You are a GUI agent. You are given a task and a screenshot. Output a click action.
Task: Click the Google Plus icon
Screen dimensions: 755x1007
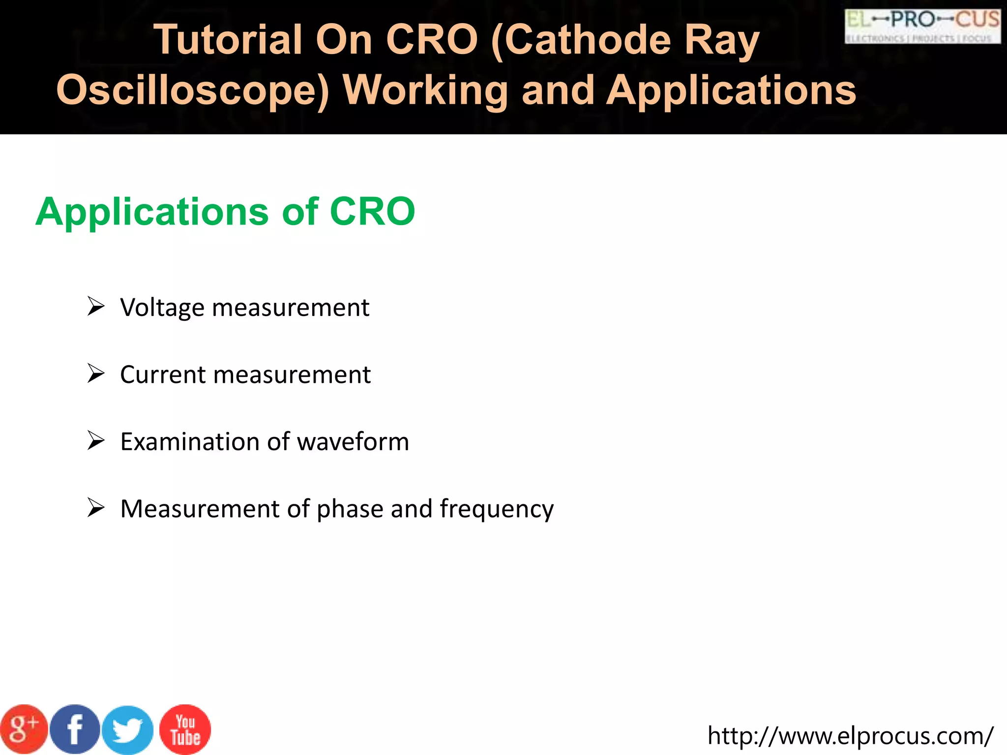click(24, 729)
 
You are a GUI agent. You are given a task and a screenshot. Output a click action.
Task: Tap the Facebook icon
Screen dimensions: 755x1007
click(75, 729)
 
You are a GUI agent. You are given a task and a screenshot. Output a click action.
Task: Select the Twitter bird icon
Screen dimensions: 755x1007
click(128, 730)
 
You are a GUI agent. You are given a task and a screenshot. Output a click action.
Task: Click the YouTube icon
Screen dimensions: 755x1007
click(185, 729)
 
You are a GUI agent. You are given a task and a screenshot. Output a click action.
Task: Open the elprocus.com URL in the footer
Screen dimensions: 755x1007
click(850, 736)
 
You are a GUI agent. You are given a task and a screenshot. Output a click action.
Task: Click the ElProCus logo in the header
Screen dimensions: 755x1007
click(922, 27)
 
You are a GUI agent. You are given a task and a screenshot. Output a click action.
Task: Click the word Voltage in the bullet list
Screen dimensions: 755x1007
click(162, 308)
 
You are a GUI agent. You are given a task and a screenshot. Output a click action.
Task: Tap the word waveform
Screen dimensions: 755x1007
click(353, 441)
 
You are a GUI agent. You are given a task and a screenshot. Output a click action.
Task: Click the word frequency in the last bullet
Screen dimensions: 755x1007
click(497, 509)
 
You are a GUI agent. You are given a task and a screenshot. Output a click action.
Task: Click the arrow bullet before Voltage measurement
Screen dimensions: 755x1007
click(96, 306)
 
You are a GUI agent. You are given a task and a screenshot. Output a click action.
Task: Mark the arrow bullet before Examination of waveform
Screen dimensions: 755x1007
click(96, 440)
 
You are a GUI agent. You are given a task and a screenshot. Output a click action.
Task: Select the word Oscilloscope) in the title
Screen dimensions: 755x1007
click(193, 90)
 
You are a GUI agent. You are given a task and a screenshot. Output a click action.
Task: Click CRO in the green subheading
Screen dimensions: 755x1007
click(372, 212)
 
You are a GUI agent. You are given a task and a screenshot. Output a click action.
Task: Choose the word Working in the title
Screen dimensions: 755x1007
click(426, 90)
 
